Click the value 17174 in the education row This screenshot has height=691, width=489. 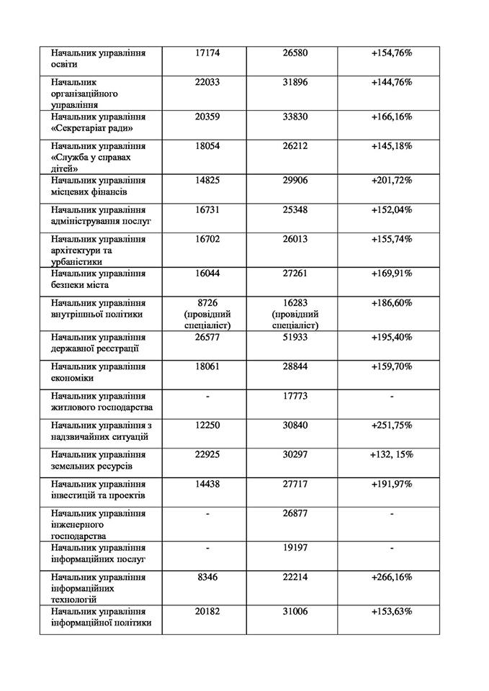click(x=207, y=53)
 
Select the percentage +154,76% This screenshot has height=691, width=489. click(x=392, y=53)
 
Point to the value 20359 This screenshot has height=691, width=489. click(x=207, y=117)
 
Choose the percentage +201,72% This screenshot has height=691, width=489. click(x=392, y=180)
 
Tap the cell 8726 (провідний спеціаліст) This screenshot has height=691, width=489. click(x=207, y=314)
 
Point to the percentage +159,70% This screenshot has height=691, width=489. click(x=392, y=366)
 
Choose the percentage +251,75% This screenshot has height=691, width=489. click(x=392, y=425)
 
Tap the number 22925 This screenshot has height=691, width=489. click(x=207, y=455)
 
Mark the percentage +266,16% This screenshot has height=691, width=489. click(x=392, y=577)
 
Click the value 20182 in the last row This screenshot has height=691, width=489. click(x=207, y=611)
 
